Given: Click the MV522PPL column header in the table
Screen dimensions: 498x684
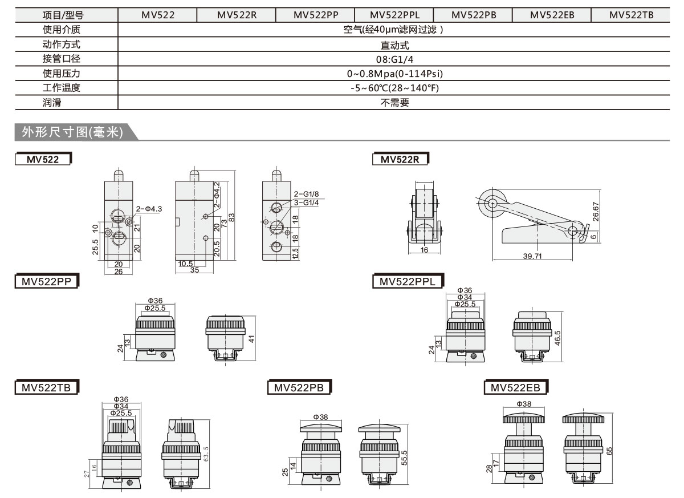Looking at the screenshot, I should pyautogui.click(x=393, y=15).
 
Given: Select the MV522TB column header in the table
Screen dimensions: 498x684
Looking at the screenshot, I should pyautogui.click(x=631, y=15).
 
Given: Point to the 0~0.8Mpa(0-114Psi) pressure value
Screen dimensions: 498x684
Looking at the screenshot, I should pyautogui.click(x=394, y=74).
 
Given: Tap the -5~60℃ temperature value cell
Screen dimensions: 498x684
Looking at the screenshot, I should pyautogui.click(x=394, y=88).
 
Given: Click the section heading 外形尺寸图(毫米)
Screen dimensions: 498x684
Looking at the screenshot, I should pyautogui.click(x=72, y=132).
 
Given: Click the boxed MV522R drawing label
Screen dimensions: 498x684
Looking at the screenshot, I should pyautogui.click(x=400, y=160).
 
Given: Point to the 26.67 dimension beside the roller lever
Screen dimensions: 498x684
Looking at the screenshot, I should pyautogui.click(x=595, y=212).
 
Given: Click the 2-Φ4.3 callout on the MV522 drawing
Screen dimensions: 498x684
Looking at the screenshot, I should pyautogui.click(x=149, y=209).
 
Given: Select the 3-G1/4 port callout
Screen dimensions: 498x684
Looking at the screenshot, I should pyautogui.click(x=306, y=202).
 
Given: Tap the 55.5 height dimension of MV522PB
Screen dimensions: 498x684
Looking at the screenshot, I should pyautogui.click(x=404, y=456).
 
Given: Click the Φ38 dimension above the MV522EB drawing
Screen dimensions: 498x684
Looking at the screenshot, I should pyautogui.click(x=523, y=404).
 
